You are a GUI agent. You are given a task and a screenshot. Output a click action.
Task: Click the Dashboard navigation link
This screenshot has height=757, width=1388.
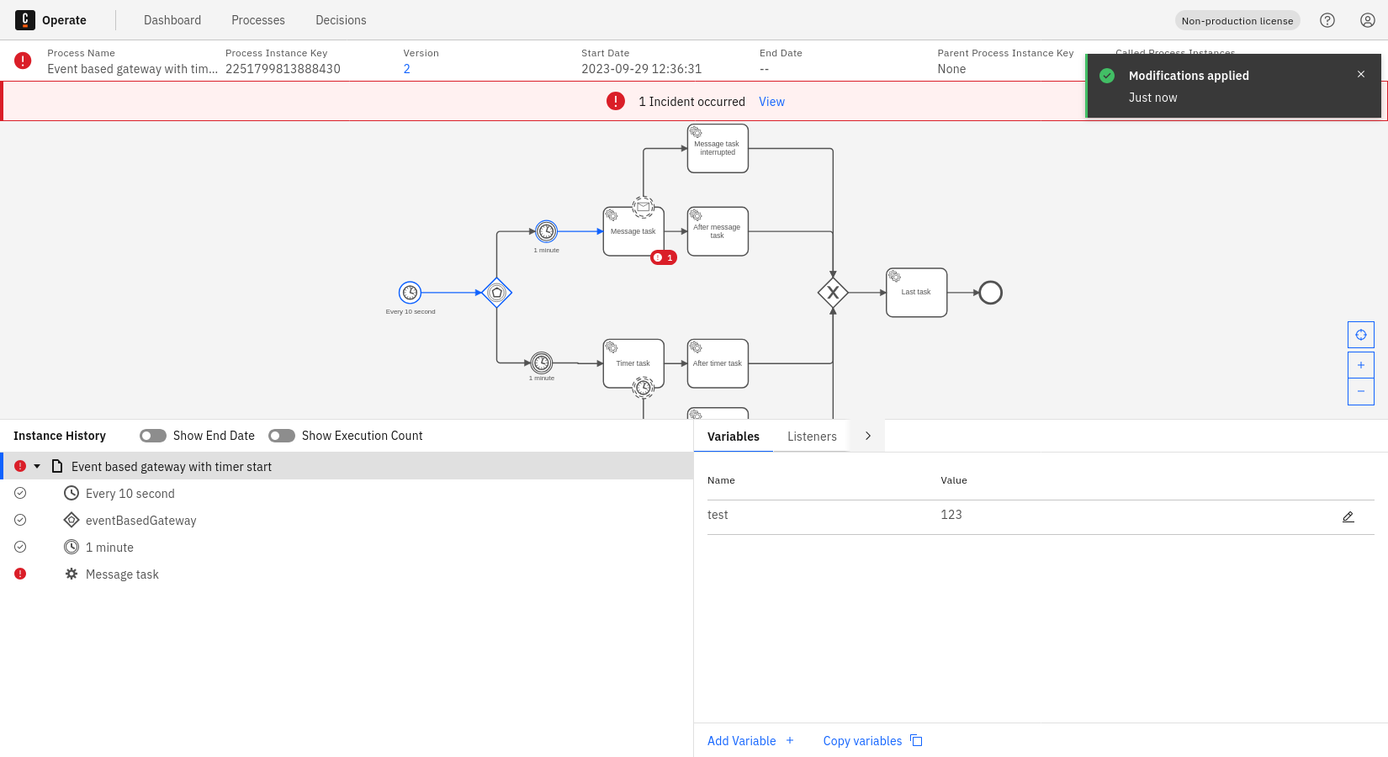(172, 20)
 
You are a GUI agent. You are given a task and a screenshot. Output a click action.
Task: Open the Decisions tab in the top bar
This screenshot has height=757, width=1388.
(341, 20)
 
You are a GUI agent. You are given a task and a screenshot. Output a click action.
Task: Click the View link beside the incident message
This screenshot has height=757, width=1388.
(771, 102)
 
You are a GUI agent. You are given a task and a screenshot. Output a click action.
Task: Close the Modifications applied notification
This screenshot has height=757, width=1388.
(1361, 74)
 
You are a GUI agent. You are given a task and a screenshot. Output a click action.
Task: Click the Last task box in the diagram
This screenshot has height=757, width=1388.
(916, 293)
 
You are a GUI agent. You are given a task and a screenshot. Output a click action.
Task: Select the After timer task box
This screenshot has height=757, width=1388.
(718, 363)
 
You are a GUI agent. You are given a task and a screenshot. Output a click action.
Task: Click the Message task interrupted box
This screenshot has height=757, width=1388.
(718, 149)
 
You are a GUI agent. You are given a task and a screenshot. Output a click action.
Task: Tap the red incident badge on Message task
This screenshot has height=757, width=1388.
(664, 257)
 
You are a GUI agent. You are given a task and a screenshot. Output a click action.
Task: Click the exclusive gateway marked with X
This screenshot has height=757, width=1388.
(833, 293)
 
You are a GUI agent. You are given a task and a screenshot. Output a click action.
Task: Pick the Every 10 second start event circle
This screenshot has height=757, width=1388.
(410, 293)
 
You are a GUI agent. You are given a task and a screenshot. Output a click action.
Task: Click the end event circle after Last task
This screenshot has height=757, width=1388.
(991, 293)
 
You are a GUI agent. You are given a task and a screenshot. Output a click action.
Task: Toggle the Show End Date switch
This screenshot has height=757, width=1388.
(153, 436)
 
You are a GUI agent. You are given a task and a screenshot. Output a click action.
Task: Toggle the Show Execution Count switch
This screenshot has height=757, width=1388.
(282, 436)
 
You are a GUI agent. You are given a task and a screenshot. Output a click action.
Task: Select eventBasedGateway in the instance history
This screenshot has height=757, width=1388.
(140, 521)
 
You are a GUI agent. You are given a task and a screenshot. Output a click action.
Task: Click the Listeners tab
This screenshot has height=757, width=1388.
(812, 437)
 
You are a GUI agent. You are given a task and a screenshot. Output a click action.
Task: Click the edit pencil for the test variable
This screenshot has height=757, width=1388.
(1348, 516)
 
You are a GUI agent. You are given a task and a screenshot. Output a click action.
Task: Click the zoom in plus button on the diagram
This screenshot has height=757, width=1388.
(1361, 365)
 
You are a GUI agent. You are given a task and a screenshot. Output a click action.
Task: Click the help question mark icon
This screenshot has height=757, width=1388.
(1327, 20)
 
